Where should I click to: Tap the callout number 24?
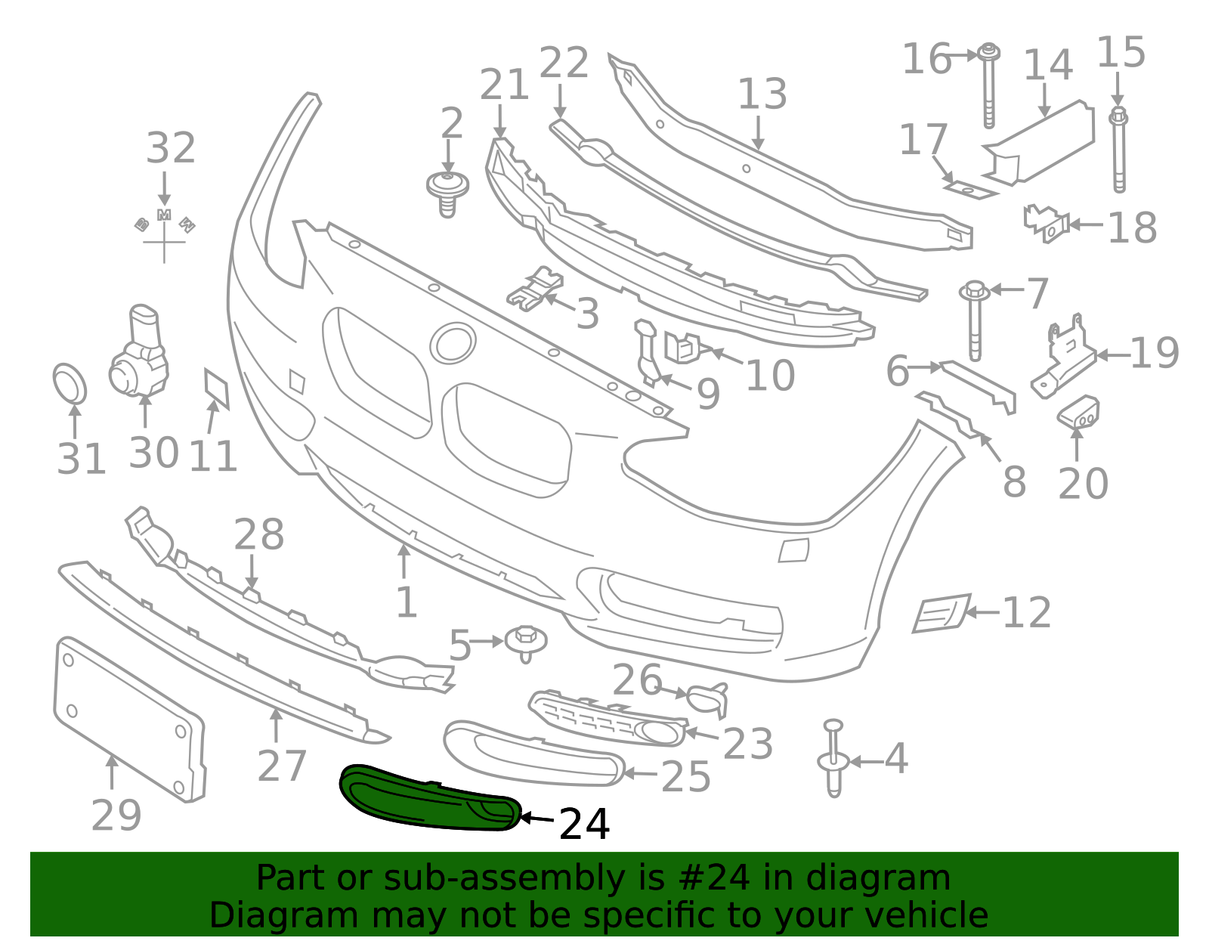584,824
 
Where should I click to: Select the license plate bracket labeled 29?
128,718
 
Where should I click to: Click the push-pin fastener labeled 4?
833,760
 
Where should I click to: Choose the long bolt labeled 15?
1119,151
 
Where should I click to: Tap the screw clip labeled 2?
447,193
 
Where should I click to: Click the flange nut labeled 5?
527,642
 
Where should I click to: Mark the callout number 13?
762,94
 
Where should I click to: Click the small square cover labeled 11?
217,388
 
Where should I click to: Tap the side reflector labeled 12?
941,613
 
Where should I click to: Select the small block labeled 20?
1078,413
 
